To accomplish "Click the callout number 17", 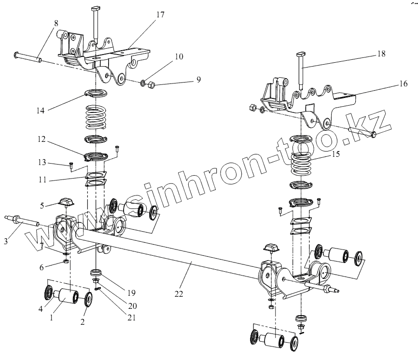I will coord(160,14).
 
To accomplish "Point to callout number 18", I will coord(381,55).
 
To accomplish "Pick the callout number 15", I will coord(335,154).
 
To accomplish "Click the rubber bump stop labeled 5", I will coord(66,202).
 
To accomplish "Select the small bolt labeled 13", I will coord(71,166).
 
